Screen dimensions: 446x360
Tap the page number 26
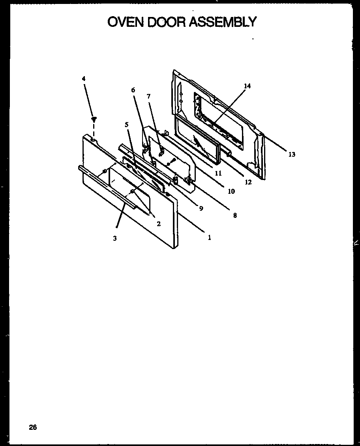pyautogui.click(x=33, y=427)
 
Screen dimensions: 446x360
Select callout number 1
pyautogui.click(x=209, y=238)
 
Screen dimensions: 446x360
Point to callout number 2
pyautogui.click(x=158, y=224)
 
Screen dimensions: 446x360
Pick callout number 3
pyautogui.click(x=114, y=238)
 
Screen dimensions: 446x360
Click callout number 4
pyautogui.click(x=83, y=79)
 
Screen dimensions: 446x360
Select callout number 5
pyautogui.click(x=127, y=124)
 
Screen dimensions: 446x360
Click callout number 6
pyautogui.click(x=133, y=90)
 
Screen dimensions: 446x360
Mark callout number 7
pyautogui.click(x=148, y=96)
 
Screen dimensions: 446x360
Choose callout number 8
pyautogui.click(x=235, y=216)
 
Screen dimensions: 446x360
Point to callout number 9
pyautogui.click(x=201, y=208)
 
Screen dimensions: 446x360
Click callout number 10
pyautogui.click(x=231, y=191)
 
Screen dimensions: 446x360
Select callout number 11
pyautogui.click(x=218, y=173)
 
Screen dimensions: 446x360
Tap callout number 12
pyautogui.click(x=248, y=182)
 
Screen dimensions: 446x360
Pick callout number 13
pyautogui.click(x=291, y=154)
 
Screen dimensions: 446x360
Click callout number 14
pyautogui.click(x=247, y=86)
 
